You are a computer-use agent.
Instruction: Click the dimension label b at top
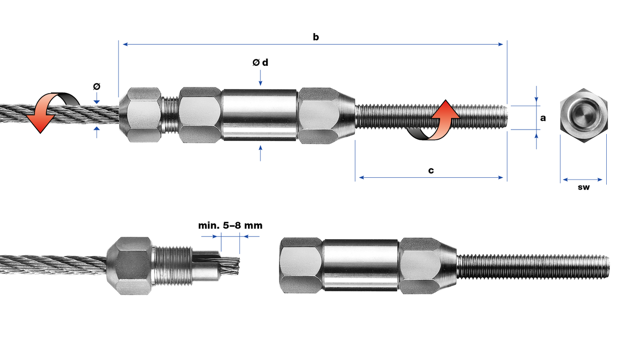pyautogui.click(x=315, y=37)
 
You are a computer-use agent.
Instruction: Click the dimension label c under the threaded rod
pyautogui.click(x=431, y=171)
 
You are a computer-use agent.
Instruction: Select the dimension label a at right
pyautogui.click(x=543, y=118)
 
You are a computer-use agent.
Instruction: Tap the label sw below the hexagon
pyautogui.click(x=583, y=187)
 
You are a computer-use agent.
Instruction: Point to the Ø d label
pyautogui.click(x=260, y=63)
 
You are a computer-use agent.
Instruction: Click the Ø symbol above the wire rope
pyautogui.click(x=96, y=86)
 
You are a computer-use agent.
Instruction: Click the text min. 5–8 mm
pyautogui.click(x=230, y=226)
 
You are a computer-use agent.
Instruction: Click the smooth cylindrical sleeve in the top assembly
pyautogui.click(x=259, y=115)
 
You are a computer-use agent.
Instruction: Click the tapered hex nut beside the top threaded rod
pyautogui.click(x=323, y=115)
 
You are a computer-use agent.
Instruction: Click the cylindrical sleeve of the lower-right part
pyautogui.click(x=361, y=265)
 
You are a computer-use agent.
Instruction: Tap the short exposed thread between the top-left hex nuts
pyautogui.click(x=170, y=115)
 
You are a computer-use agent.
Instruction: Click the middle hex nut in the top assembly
pyautogui.click(x=200, y=115)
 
